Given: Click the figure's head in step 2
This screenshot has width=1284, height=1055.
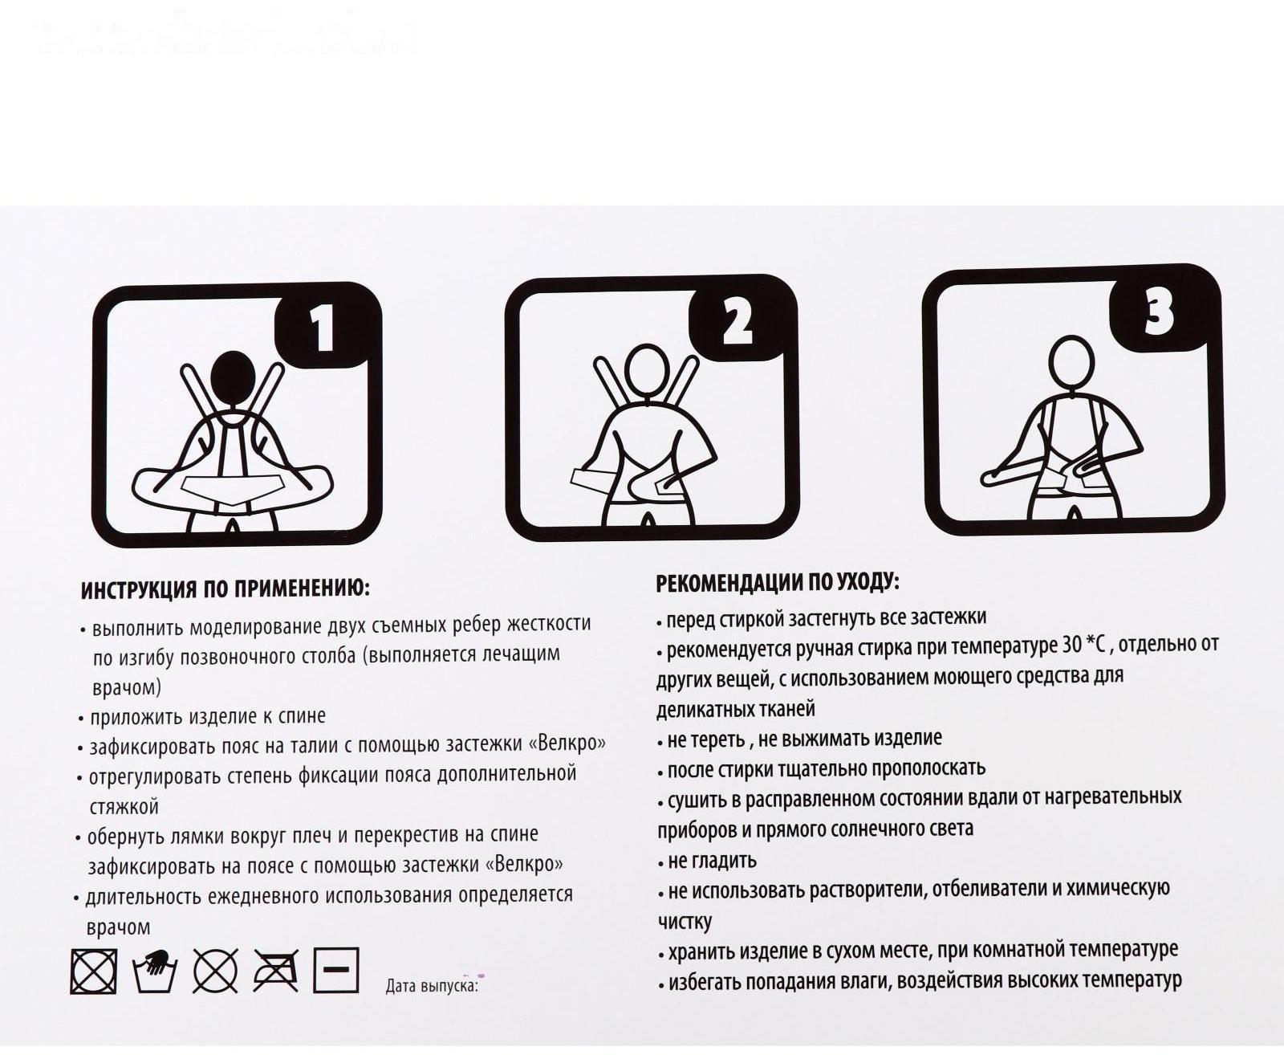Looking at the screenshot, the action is pos(647,373).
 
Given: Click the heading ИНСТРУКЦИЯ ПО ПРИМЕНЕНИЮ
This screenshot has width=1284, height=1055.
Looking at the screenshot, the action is pos(226,589).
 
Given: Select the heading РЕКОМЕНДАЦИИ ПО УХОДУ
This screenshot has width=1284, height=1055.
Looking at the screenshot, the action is pos(778,583).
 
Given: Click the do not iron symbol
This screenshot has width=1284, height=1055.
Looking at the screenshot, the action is pos(276,971).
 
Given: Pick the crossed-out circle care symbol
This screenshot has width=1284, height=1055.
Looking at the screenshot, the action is pos(215,971).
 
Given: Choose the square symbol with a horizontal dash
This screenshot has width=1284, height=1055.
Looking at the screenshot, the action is pos(336,970).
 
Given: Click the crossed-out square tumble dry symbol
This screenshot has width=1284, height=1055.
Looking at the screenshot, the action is pos(94,971).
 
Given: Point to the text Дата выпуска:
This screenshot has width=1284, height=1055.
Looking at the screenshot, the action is pos(432,985).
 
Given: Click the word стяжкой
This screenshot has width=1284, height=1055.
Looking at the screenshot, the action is pos(124,806).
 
